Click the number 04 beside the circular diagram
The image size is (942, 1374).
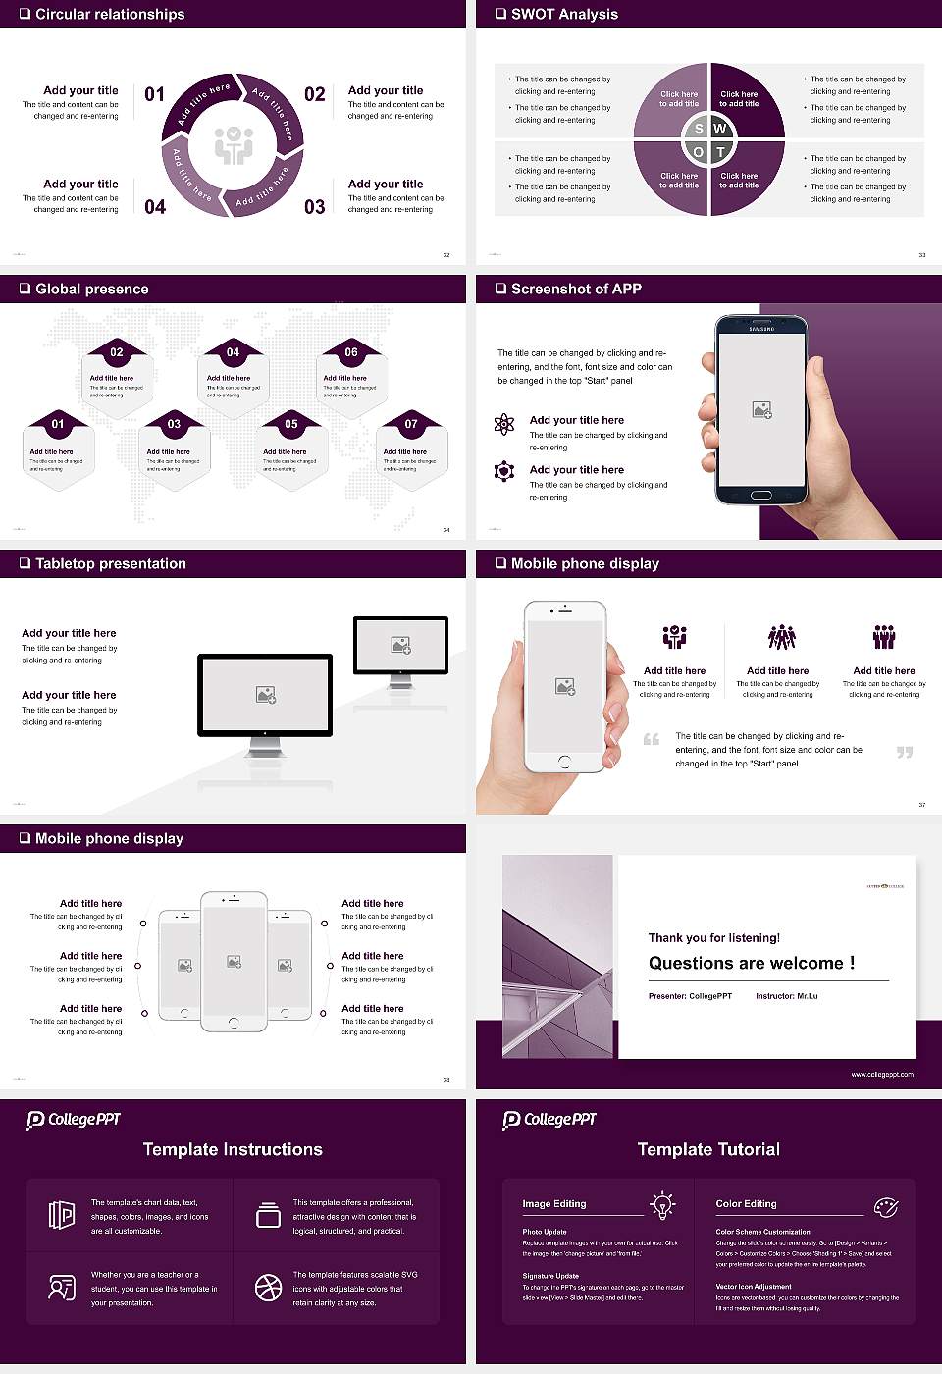point(155,206)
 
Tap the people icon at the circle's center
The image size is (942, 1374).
point(234,145)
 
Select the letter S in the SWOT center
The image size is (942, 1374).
point(699,129)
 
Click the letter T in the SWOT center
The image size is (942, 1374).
point(720,152)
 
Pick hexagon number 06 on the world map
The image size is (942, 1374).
point(351,351)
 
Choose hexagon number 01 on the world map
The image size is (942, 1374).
point(58,424)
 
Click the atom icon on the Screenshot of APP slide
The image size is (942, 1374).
point(504,424)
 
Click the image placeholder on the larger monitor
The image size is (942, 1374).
point(265,695)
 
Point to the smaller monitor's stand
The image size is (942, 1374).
point(400,680)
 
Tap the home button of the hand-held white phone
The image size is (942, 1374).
point(564,762)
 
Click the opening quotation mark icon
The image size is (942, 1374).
point(652,739)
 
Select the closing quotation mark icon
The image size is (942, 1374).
point(905,752)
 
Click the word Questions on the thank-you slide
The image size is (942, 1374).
point(691,964)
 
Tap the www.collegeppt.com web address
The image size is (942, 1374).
point(882,1074)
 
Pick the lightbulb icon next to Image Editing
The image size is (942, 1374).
point(662,1204)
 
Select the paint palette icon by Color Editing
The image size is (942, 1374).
point(886,1206)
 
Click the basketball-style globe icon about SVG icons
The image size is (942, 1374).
point(268,1288)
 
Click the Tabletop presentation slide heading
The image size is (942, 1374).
point(110,563)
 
